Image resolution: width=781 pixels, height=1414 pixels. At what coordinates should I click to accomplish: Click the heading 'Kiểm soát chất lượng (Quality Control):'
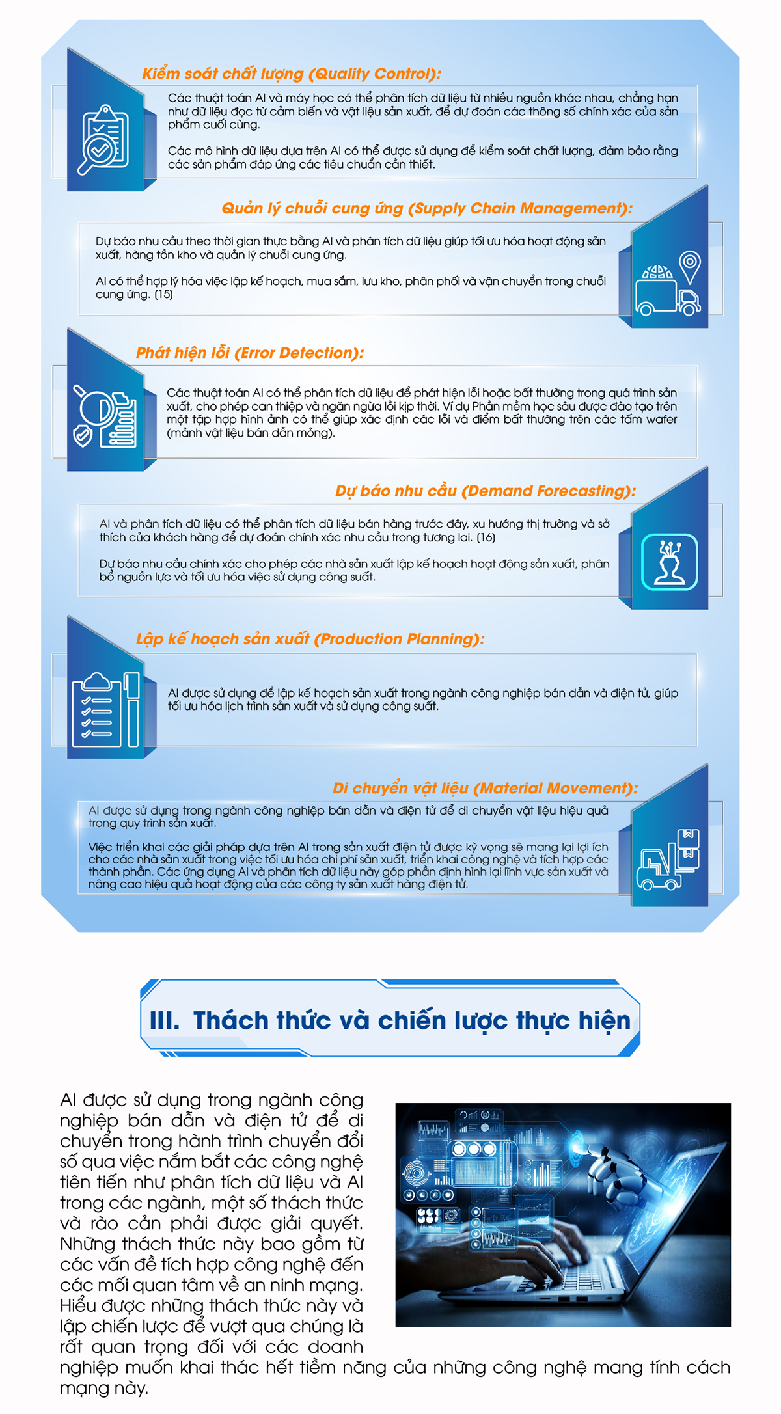(291, 74)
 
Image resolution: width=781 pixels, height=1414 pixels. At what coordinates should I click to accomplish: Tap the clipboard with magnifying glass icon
(103, 139)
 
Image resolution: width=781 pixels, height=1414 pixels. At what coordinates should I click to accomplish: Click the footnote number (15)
(163, 295)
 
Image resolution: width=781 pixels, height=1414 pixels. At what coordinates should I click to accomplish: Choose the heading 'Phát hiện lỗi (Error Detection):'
(249, 353)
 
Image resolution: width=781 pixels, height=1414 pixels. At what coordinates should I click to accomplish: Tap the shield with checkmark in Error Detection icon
(83, 435)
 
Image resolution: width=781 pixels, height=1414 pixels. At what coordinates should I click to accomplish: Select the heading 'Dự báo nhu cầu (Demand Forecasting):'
(485, 491)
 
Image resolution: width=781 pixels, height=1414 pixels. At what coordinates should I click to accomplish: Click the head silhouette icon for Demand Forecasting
(669, 562)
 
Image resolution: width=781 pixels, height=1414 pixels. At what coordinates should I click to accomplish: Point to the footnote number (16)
(486, 537)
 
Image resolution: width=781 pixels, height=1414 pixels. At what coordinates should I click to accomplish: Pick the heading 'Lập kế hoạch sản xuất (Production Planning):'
(310, 639)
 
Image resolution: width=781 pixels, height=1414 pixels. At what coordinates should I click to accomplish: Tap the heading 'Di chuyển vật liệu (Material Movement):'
(485, 788)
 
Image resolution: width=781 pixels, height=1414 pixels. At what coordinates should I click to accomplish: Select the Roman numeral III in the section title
(164, 1020)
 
